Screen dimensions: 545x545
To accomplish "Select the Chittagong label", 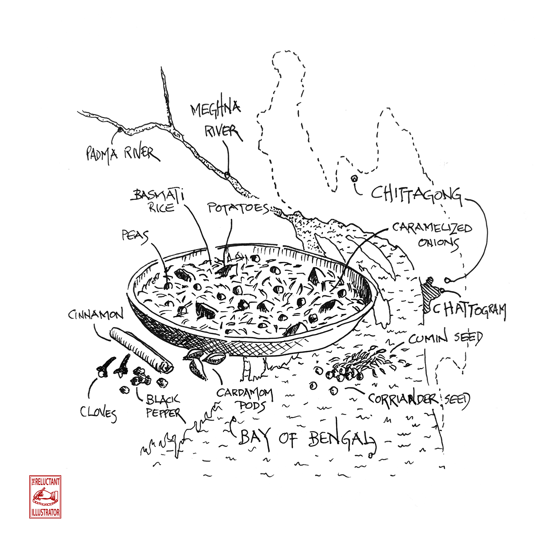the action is [417, 195].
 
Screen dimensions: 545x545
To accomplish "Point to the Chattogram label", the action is [469, 311].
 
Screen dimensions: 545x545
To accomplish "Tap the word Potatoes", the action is [238, 209].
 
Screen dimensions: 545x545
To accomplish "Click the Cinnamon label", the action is [96, 315].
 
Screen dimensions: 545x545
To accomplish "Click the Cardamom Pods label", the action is [246, 399].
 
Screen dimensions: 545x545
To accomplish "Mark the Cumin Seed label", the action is [446, 338].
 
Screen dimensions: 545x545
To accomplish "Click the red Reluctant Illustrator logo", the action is [45, 497].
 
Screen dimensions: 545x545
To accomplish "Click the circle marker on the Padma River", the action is [120, 130].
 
